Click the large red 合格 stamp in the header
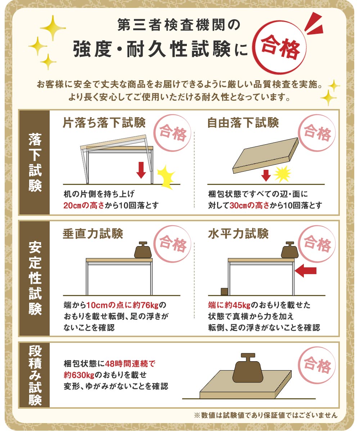pos(279,47)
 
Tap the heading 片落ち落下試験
pos(104,123)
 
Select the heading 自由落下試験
pos(243,123)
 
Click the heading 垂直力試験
pos(93,233)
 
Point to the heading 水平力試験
pos(238,233)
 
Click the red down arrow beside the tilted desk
pos(141,170)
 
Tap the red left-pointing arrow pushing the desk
pos(306,271)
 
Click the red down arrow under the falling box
pos(266,175)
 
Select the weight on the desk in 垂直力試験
pos(143,250)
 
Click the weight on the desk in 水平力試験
pos(290,250)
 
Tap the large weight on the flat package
pos(248,368)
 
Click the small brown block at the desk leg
pos(224,292)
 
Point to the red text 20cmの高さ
pos(84,205)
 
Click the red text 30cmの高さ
pos(249,205)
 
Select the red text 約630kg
pos(79,375)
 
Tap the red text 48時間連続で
pos(130,364)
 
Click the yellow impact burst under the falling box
pos(282,174)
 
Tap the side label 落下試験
pos(35,163)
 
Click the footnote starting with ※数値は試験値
pos(266,415)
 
